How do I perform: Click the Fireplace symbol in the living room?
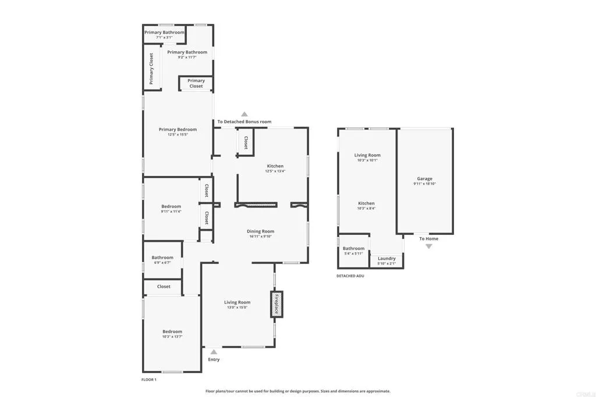tap(276, 304)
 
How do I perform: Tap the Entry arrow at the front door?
tap(214, 352)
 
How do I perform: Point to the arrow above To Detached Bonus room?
tap(244, 115)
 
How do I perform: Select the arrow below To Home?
tap(429, 246)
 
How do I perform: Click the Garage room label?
tap(424, 179)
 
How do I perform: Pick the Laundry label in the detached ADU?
tap(386, 259)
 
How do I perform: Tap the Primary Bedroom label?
tap(178, 130)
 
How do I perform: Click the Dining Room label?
tap(260, 231)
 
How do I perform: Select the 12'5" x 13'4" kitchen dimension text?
tap(275, 171)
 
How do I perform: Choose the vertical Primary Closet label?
tap(151, 69)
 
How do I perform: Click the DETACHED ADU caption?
tap(350, 276)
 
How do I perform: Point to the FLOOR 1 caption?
tap(149, 380)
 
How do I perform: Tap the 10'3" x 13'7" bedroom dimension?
tap(172, 337)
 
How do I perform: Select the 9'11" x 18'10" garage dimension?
tap(424, 184)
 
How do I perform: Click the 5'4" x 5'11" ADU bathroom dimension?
tap(353, 253)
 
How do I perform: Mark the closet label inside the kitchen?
tap(246, 142)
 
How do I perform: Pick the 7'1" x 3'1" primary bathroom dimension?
tap(164, 37)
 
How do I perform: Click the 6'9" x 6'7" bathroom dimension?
tap(162, 263)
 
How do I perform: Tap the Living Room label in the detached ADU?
tap(367, 155)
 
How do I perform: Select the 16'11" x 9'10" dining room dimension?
tap(260, 236)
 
